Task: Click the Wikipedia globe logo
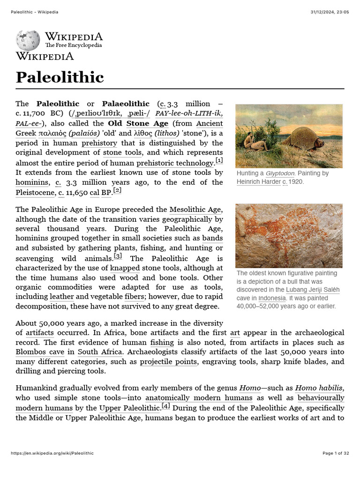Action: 28,40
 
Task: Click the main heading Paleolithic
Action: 60,77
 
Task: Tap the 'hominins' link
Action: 32,182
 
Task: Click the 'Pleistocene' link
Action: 35,192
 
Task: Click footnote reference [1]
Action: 218,161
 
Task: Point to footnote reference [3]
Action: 118,256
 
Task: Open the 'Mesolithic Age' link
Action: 196,209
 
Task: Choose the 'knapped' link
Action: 125,268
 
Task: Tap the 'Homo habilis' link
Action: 318,388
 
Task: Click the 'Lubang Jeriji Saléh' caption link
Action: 313,290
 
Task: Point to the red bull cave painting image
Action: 289,235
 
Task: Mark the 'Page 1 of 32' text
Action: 336,453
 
